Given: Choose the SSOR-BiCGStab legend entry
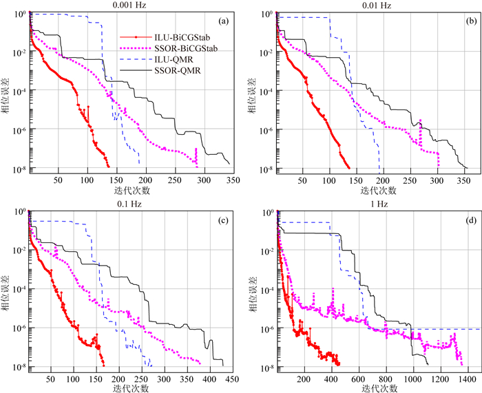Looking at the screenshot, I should (x=177, y=49).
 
